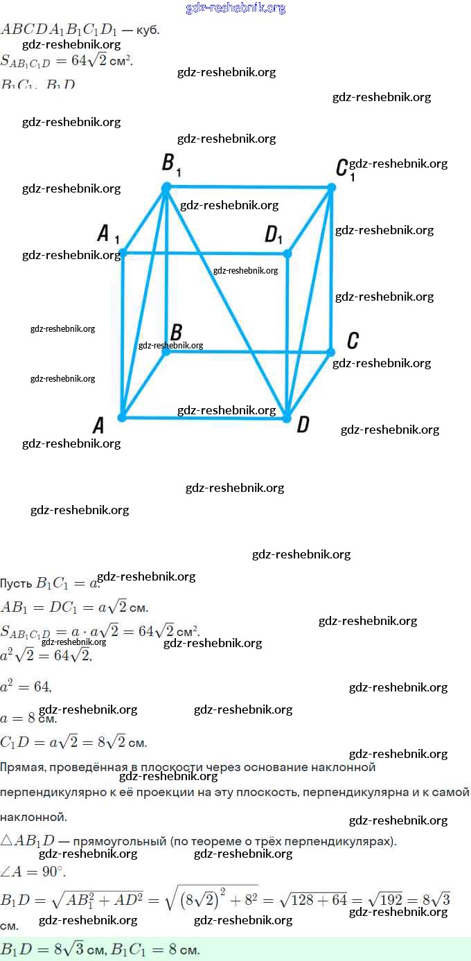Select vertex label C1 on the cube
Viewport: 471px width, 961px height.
(343, 168)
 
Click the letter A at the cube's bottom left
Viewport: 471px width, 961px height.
(98, 425)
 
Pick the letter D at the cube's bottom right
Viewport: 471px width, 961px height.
(303, 424)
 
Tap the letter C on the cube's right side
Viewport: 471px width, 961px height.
(353, 341)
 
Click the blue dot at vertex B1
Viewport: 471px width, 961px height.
(166, 188)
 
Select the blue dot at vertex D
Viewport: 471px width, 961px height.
(287, 416)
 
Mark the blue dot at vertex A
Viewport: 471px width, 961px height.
(122, 417)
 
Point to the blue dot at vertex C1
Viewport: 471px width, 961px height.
(331, 187)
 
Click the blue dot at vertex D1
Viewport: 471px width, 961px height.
(287, 254)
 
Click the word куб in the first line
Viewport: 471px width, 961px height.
(149, 30)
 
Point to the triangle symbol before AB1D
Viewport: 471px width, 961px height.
(7, 841)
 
